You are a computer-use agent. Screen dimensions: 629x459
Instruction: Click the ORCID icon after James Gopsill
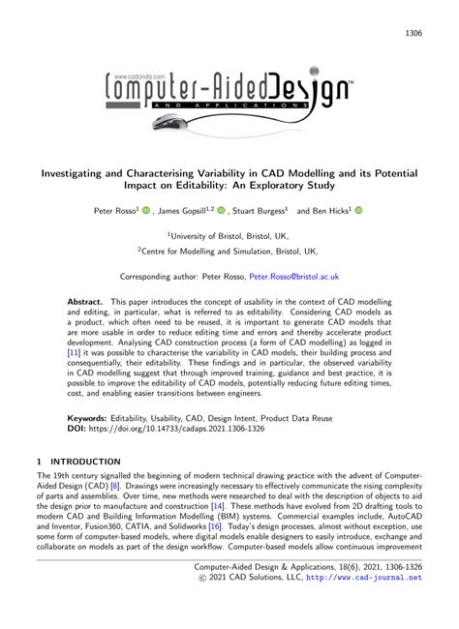click(x=220, y=209)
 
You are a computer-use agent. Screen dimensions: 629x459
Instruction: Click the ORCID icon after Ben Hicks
click(x=357, y=209)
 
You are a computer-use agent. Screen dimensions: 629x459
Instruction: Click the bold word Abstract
click(x=90, y=303)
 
